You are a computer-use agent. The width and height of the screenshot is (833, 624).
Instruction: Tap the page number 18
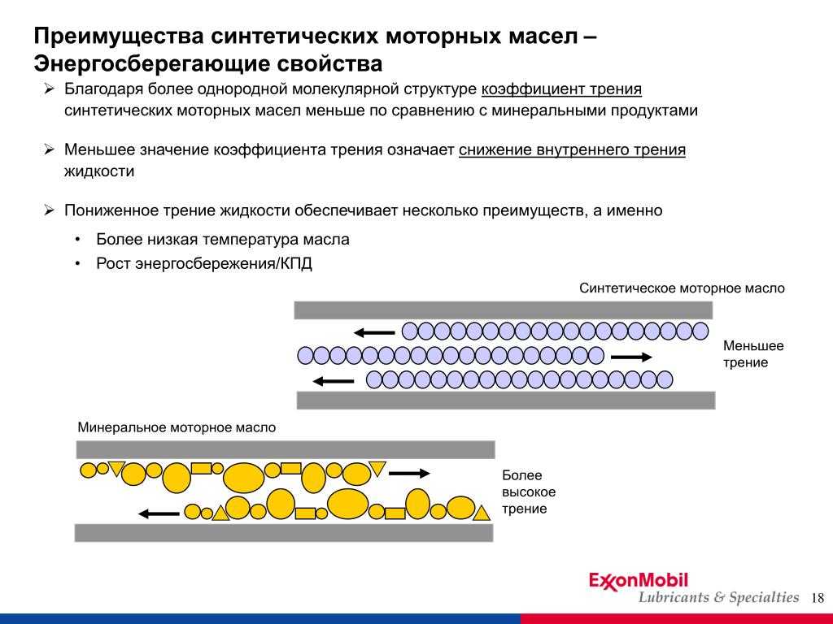click(818, 598)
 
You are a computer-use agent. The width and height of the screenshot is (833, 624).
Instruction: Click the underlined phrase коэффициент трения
click(561, 89)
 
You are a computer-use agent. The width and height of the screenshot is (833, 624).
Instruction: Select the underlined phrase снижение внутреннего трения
click(572, 149)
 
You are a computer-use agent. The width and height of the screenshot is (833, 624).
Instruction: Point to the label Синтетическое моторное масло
click(682, 288)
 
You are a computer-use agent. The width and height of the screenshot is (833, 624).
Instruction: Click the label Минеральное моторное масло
click(177, 427)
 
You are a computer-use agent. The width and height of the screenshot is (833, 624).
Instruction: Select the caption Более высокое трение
click(529, 492)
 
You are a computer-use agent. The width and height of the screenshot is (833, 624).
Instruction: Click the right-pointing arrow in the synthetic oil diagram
click(631, 357)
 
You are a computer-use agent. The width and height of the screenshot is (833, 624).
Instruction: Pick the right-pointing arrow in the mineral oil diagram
click(409, 473)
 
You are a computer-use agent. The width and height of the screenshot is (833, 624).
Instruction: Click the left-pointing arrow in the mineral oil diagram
click(159, 513)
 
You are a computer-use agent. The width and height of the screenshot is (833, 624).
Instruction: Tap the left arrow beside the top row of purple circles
click(374, 333)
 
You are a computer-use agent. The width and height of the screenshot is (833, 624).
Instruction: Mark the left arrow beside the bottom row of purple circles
click(333, 381)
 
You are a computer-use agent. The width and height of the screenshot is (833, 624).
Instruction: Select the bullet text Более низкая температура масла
click(223, 240)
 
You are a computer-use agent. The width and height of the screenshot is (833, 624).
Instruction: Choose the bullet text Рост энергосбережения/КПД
click(204, 264)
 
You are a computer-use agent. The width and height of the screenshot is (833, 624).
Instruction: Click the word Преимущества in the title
click(119, 37)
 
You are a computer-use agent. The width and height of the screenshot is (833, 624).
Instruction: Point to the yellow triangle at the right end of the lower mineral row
click(482, 513)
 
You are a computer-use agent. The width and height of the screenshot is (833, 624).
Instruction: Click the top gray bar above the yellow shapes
click(286, 449)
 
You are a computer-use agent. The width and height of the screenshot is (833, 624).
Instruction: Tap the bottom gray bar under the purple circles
click(506, 400)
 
